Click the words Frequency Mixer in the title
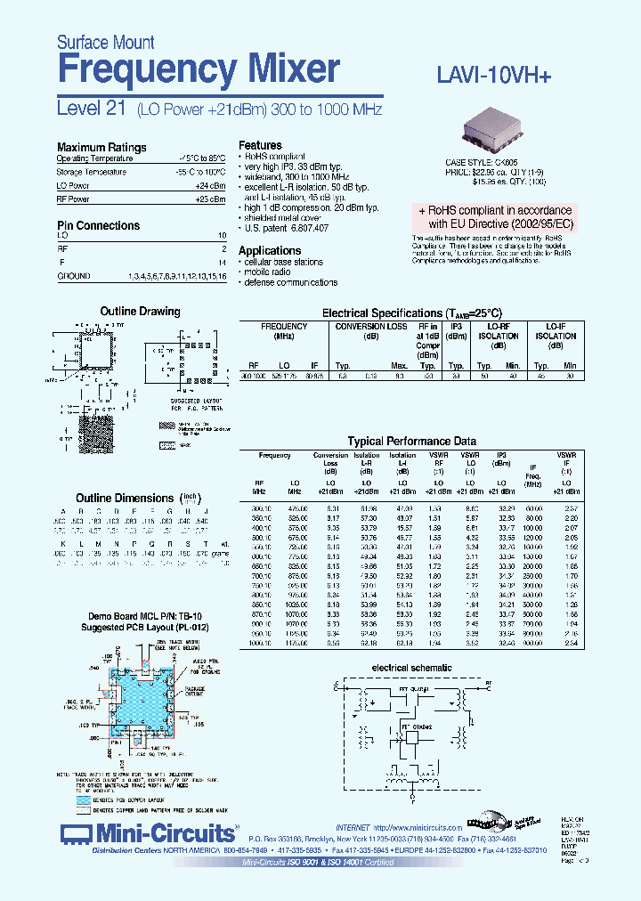198,69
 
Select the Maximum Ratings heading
101,148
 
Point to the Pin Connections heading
98,226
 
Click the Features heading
260,145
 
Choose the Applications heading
270,251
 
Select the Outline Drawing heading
140,312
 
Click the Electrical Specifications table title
411,313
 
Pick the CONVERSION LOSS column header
370,327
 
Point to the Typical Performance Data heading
411,442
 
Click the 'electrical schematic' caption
411,668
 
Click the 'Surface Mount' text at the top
105,42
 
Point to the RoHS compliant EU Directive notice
497,218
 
